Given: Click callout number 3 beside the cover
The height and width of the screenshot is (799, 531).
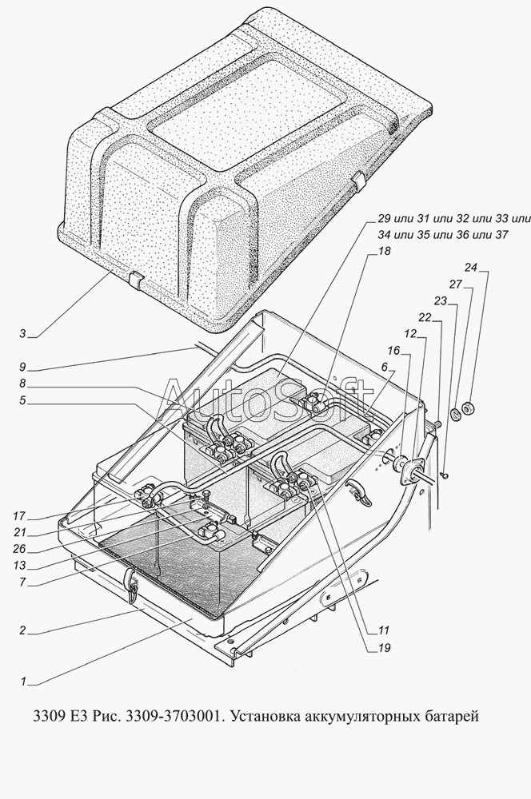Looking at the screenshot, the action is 22,334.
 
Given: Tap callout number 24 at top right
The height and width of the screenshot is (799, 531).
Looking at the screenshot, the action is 470,268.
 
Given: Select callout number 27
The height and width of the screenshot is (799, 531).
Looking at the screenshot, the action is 455,284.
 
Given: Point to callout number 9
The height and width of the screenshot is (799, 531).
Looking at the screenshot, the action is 22,367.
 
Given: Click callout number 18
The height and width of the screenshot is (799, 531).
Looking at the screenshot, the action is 384,251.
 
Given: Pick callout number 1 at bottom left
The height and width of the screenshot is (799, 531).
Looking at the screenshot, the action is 23,681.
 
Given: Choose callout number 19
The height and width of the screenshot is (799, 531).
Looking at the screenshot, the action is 384,648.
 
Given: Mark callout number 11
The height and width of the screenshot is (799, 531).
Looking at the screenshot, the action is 384,630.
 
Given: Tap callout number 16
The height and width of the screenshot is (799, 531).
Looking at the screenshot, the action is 393,351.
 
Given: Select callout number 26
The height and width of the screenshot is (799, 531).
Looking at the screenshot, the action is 19,550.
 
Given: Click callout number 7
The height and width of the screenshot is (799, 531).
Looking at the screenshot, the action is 22,582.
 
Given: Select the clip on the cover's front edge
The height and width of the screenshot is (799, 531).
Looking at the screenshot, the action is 136,280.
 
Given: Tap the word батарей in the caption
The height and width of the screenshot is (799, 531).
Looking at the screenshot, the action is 452,717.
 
